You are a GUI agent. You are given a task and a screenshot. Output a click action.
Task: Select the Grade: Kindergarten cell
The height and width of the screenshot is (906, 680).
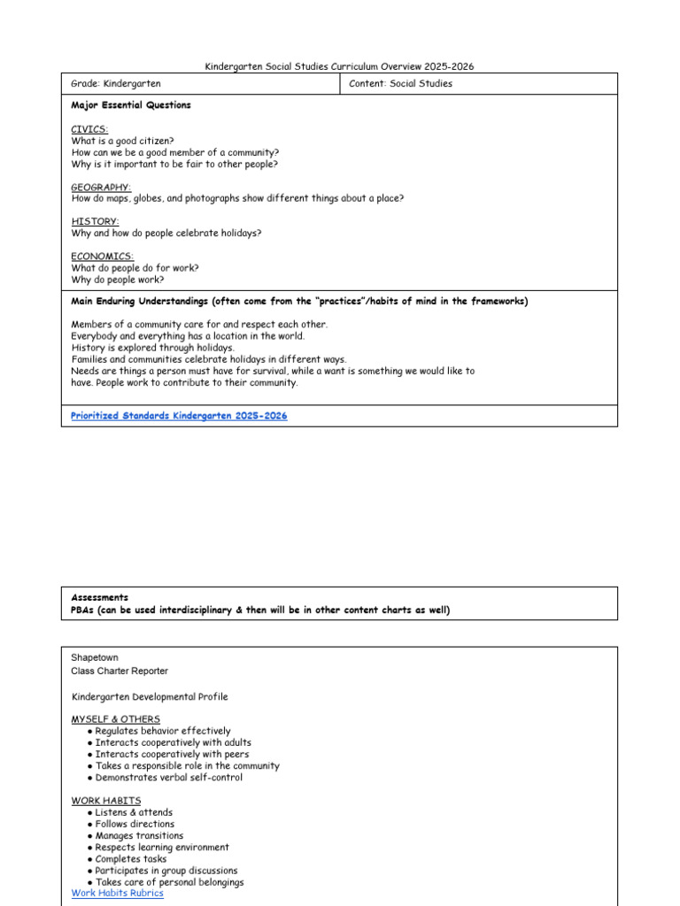coord(116,84)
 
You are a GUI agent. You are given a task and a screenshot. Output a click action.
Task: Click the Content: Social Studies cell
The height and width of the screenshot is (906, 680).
coord(401,84)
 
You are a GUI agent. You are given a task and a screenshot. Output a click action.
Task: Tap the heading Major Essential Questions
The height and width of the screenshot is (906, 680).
coord(130,105)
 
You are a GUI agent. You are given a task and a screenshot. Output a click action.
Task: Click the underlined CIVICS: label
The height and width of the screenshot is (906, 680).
coord(89,129)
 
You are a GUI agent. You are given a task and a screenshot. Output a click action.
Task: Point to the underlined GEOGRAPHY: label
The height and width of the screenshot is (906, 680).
coord(101,188)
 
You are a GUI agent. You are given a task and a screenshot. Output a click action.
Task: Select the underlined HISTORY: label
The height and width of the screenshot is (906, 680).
coord(95,222)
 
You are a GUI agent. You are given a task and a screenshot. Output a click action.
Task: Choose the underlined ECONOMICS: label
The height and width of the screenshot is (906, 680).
coord(103,257)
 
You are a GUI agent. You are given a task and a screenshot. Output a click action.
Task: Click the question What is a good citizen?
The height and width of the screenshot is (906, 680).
coord(122,141)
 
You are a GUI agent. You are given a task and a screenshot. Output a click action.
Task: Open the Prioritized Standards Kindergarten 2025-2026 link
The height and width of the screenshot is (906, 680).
coord(179,416)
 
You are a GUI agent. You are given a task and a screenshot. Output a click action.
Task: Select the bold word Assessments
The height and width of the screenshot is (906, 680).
coord(99,598)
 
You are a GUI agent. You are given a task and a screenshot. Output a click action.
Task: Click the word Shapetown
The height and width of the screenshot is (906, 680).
coord(95,657)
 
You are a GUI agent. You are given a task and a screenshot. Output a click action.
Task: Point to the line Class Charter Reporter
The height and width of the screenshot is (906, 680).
coord(120,671)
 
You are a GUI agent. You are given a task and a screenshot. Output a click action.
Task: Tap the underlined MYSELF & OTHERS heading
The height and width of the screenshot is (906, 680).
coord(115,719)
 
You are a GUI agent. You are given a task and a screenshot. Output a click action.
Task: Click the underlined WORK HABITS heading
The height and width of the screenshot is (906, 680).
coord(105,801)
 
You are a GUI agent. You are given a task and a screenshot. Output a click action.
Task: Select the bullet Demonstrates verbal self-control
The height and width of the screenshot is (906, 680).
coord(168,778)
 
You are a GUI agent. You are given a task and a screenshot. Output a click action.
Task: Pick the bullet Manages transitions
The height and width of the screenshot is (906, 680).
coord(139,835)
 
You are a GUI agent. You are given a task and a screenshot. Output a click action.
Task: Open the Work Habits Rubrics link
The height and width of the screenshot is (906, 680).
coord(117,894)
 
